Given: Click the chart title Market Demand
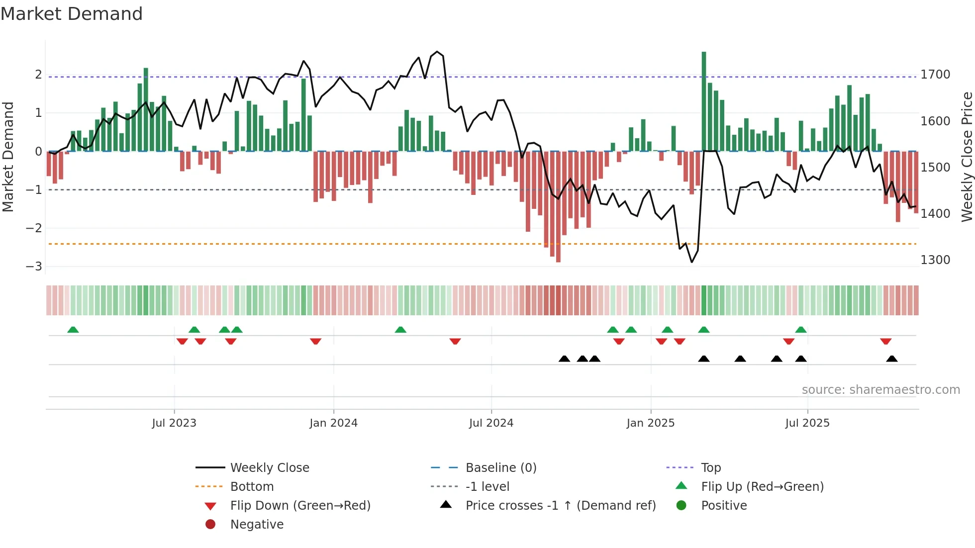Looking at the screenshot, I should point(72,14).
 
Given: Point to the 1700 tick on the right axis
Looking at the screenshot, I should point(935,75).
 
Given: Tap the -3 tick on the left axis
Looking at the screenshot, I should point(34,267).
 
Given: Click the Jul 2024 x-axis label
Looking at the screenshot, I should point(491,423).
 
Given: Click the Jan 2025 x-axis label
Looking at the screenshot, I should point(650,423).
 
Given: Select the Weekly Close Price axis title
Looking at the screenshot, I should point(967,157).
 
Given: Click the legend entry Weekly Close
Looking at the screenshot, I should point(269,468).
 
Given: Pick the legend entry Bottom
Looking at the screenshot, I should point(252,487).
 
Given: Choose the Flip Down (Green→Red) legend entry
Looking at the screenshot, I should point(300,506).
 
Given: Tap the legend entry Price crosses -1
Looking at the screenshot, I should point(560,506).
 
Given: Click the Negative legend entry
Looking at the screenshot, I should point(257,525).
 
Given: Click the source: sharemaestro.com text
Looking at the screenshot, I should point(880,390).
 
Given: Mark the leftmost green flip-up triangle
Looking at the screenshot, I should point(73,330).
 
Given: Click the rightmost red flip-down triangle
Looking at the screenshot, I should point(885,341).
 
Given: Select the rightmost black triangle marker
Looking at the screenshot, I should point(892,359).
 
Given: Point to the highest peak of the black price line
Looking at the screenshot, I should point(437,52).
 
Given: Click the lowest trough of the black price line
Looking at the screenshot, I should point(691,262).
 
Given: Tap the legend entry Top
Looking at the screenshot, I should point(710,468).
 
